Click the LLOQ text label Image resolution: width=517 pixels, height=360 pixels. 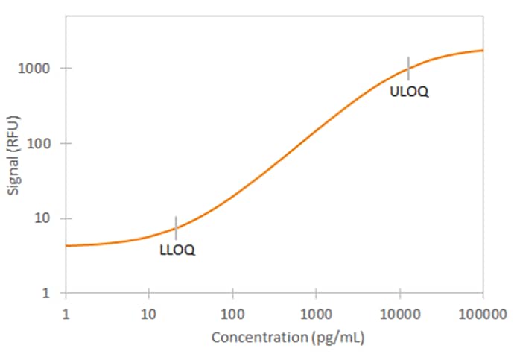(177, 250)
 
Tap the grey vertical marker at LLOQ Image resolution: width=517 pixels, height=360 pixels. (176, 227)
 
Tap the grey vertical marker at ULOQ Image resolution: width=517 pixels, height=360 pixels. (408, 67)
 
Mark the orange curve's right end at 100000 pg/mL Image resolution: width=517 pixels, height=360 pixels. (482, 51)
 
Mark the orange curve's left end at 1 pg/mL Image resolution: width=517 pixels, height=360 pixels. (67, 245)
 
